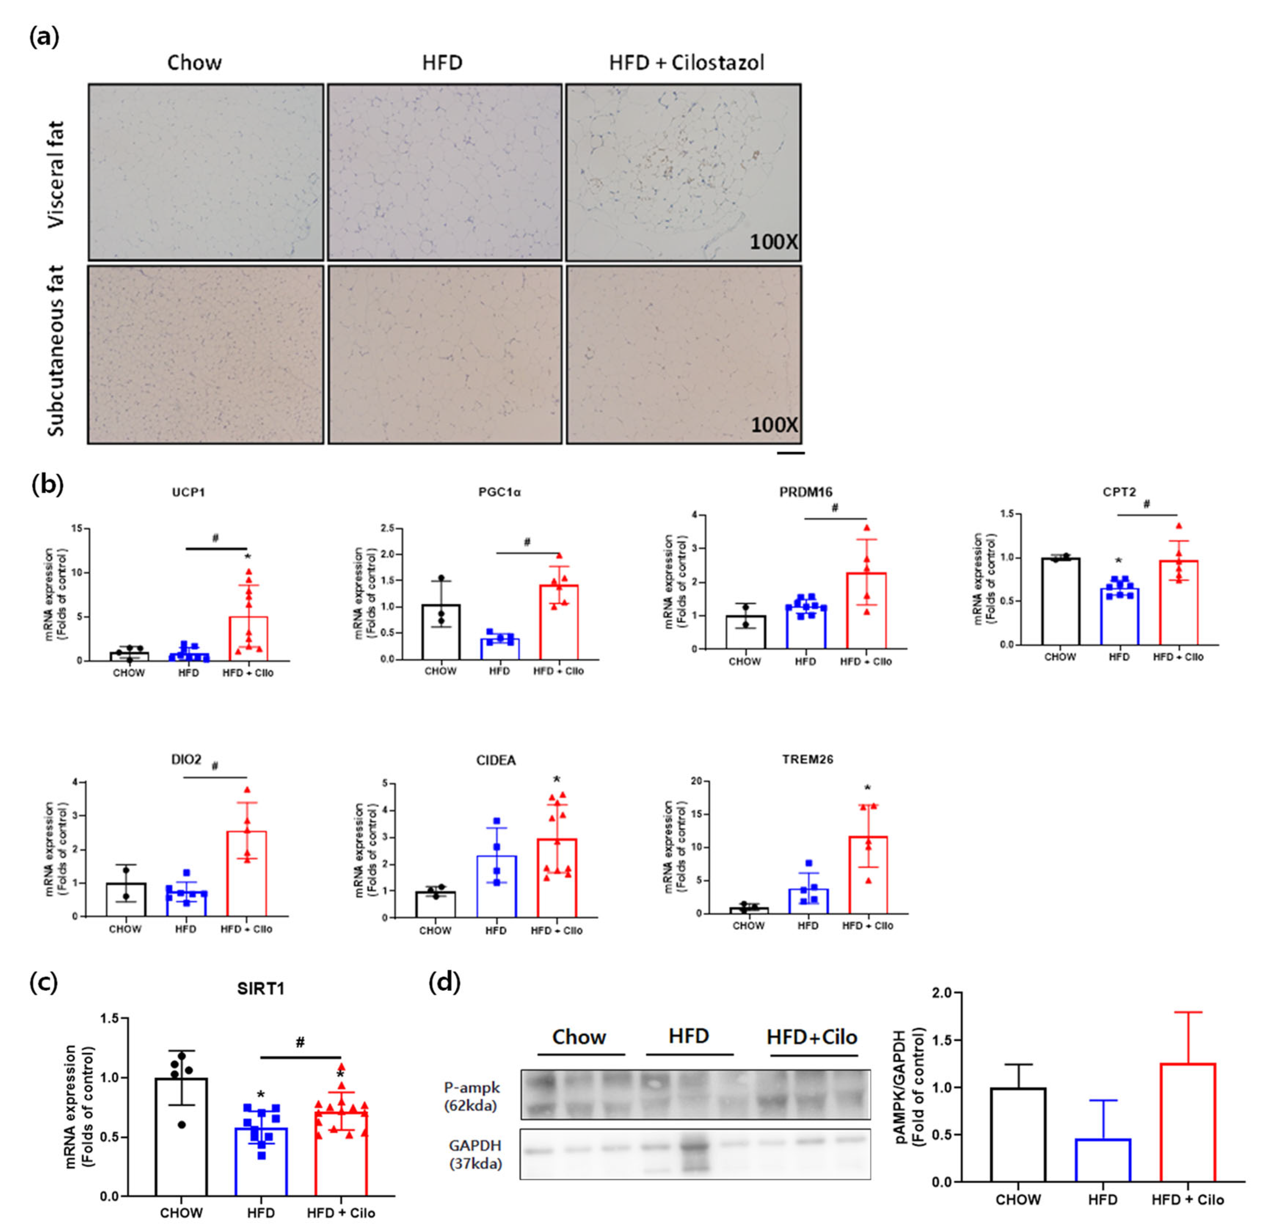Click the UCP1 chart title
[x=188, y=492]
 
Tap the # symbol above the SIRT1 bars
[x=300, y=1042]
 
